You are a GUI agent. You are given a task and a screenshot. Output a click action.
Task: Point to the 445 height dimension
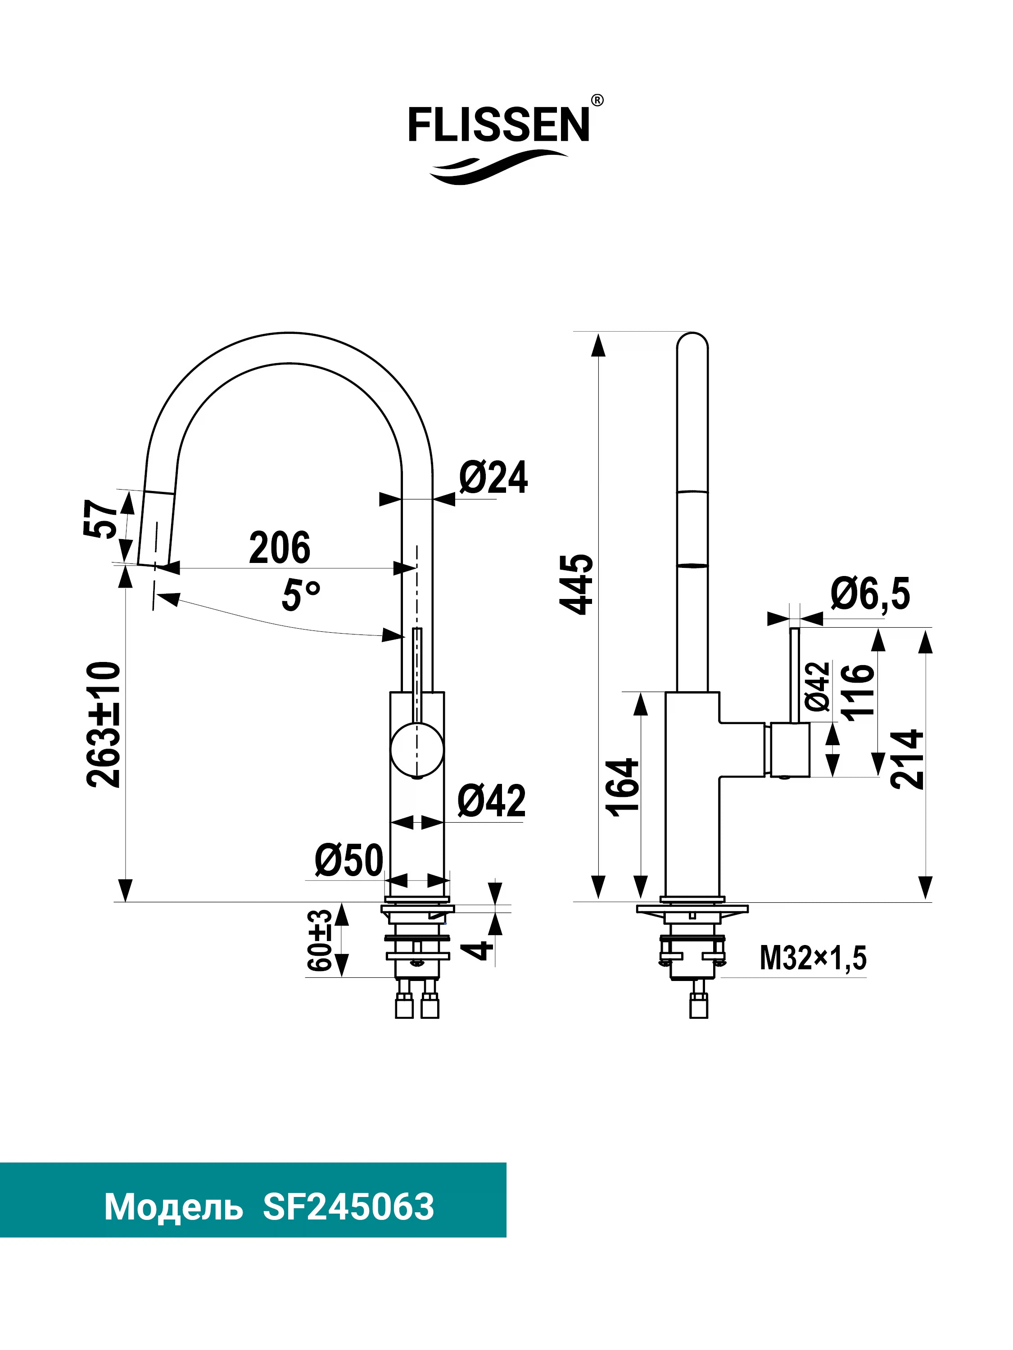(x=576, y=584)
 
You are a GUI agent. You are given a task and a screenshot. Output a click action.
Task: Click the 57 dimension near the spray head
(x=101, y=519)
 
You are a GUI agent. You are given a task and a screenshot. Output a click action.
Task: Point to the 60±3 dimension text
(x=320, y=940)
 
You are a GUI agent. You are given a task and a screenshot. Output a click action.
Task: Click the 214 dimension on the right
(x=907, y=759)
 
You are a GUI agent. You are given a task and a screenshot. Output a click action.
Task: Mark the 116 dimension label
(x=858, y=692)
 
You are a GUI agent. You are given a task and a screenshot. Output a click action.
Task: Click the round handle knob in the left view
(x=417, y=749)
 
